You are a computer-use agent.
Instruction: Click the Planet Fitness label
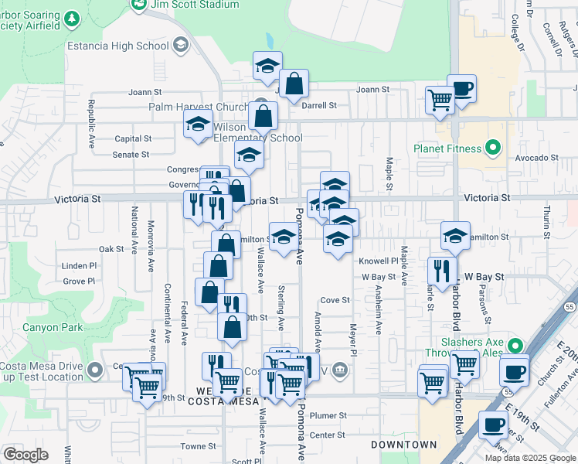(x=447, y=148)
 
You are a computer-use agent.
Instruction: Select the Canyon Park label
(x=52, y=327)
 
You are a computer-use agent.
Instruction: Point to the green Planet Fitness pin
(x=491, y=148)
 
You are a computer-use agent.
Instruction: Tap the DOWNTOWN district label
(x=403, y=445)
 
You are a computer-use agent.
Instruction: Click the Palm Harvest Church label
(x=197, y=107)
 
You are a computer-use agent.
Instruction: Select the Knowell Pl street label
(x=376, y=261)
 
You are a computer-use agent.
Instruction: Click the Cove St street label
(x=335, y=300)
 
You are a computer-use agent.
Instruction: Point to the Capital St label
(x=133, y=139)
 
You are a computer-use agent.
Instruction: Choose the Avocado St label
(x=538, y=158)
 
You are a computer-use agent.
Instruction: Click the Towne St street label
(x=198, y=446)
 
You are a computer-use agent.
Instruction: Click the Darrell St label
(x=319, y=105)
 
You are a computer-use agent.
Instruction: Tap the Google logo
(x=25, y=455)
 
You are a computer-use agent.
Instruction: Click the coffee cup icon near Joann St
(x=462, y=88)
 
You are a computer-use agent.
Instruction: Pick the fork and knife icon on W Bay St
(x=441, y=271)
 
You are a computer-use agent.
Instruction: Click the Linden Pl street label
(x=80, y=265)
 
